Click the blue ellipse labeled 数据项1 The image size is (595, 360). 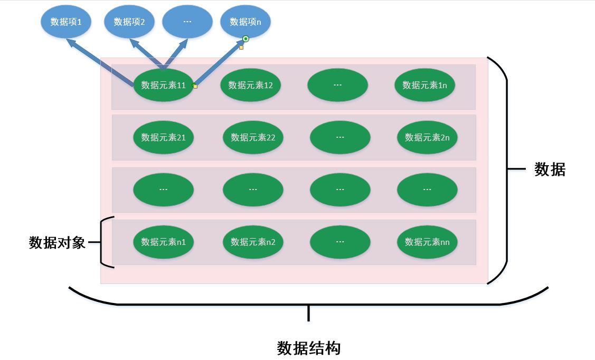(66, 22)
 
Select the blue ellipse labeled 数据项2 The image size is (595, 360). (129, 22)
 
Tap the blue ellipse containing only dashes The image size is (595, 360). (187, 22)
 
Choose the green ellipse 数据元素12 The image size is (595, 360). (251, 85)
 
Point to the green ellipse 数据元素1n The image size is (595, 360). (424, 85)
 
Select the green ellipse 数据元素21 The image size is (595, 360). (164, 137)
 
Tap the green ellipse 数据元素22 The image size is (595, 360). (253, 137)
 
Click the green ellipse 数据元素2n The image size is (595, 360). (427, 137)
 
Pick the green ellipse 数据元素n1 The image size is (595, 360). (164, 242)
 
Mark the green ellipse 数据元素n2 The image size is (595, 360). (253, 242)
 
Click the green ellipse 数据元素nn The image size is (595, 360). (427, 242)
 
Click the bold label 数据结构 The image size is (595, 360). (309, 348)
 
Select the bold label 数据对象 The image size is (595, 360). (57, 243)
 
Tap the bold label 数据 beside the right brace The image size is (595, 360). (550, 169)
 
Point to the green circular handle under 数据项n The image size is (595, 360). (245, 39)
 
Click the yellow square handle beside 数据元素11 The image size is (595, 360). (195, 87)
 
